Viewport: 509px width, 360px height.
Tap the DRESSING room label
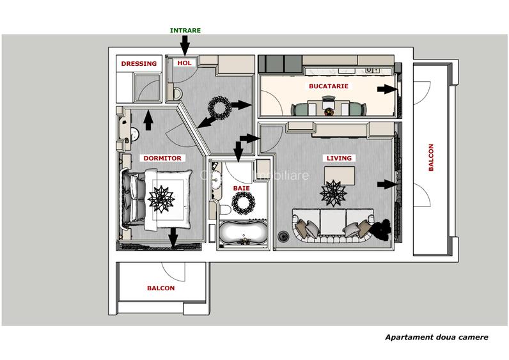(x=139, y=64)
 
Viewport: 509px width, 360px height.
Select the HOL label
(x=184, y=63)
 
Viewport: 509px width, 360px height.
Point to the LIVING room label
(x=339, y=158)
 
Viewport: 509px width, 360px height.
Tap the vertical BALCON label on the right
(x=431, y=157)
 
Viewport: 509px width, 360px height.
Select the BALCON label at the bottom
(x=161, y=288)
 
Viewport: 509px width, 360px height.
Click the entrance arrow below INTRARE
(x=184, y=45)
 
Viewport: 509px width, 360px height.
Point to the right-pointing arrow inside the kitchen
(x=386, y=90)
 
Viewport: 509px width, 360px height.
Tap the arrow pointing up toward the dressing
(x=148, y=120)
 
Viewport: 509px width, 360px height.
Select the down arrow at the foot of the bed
(x=173, y=238)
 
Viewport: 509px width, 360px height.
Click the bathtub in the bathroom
(x=242, y=233)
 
